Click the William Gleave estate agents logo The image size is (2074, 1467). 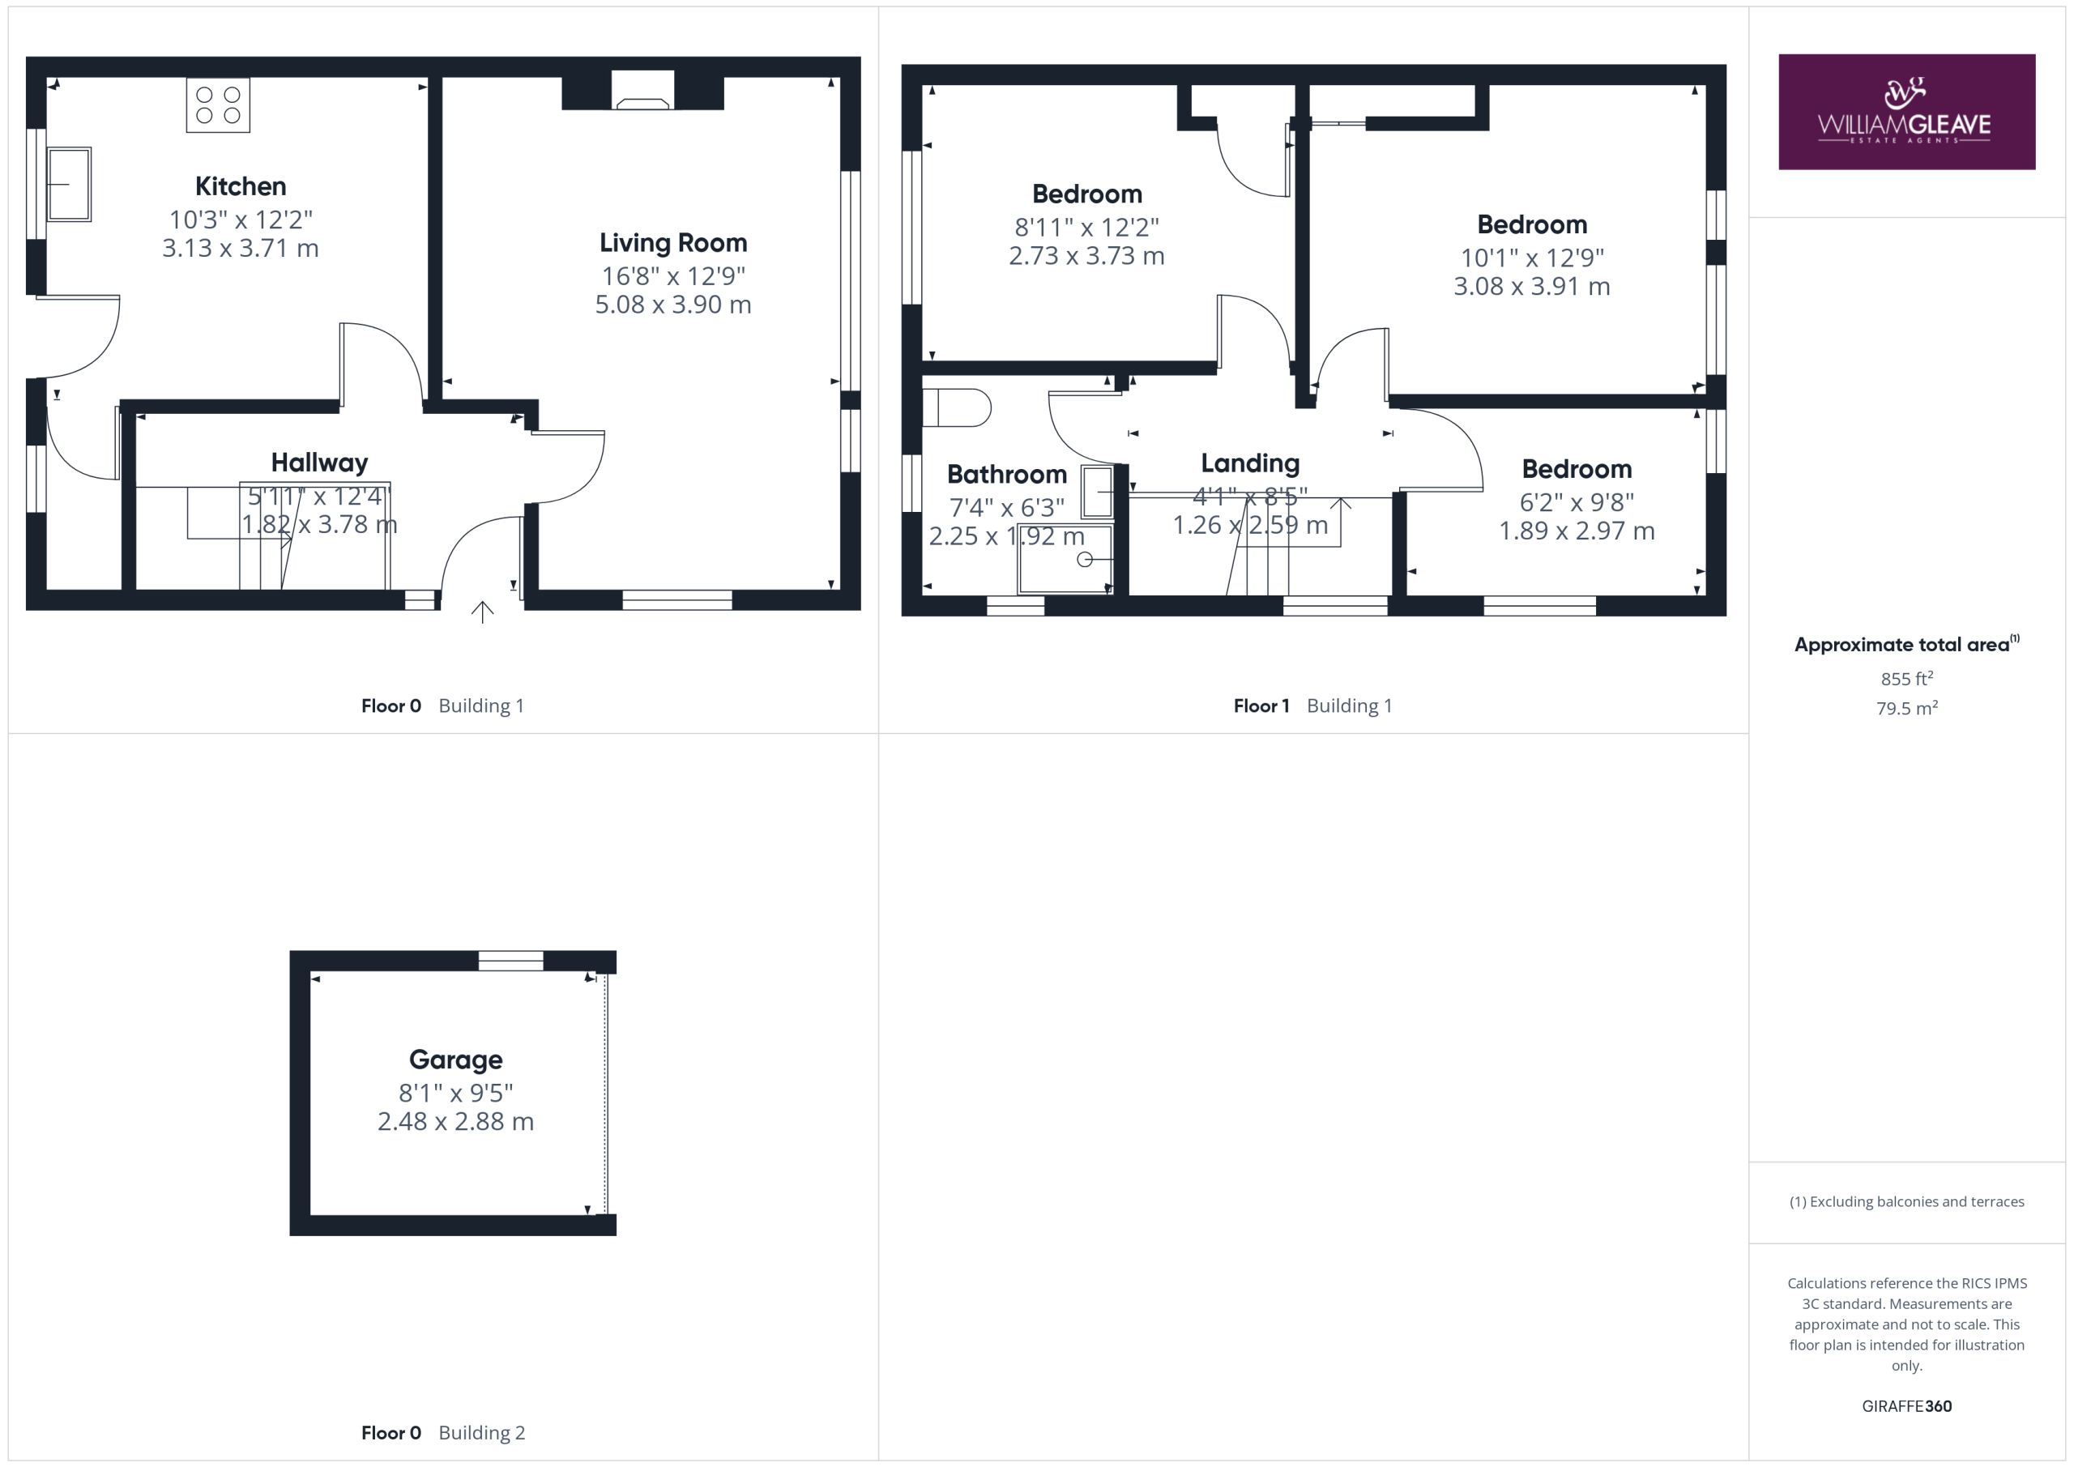[1906, 112]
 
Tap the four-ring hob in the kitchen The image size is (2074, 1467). [218, 104]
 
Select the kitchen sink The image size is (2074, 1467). [69, 184]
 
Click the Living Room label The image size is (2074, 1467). [673, 243]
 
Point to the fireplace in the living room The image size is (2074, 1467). [642, 91]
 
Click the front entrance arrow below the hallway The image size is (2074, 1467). [482, 612]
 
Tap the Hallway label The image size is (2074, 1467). [320, 463]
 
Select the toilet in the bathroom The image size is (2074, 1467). [957, 407]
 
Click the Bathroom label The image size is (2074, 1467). [1006, 474]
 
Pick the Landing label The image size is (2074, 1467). [1250, 463]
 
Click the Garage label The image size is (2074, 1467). [455, 1060]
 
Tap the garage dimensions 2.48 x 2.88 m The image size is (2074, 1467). [455, 1122]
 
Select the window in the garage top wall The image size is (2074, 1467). [510, 960]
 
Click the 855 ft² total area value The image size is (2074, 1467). [1906, 678]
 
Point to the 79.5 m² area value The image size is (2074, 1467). [1906, 708]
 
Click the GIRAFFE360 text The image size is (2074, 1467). [1906, 1406]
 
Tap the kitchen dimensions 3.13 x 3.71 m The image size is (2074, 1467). [241, 249]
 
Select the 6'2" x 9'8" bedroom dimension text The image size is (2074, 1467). [1577, 502]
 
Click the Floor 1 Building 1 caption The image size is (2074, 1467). [1312, 706]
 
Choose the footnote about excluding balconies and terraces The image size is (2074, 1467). [1906, 1201]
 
